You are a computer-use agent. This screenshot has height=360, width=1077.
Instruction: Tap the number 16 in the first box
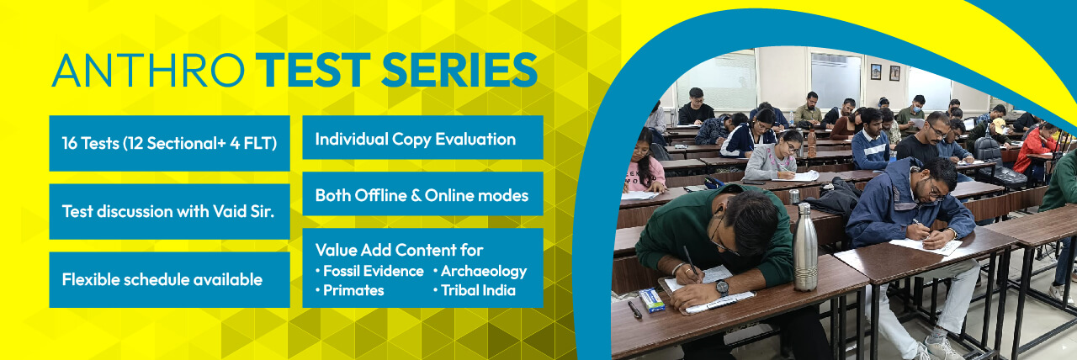coord(70,143)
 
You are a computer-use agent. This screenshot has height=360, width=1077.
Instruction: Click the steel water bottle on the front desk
coord(805,246)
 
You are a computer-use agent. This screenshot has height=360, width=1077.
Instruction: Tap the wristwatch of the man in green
coord(722,287)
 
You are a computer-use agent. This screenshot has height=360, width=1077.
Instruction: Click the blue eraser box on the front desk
coord(652,299)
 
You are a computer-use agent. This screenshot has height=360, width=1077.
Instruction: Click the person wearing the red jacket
coord(1034,148)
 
